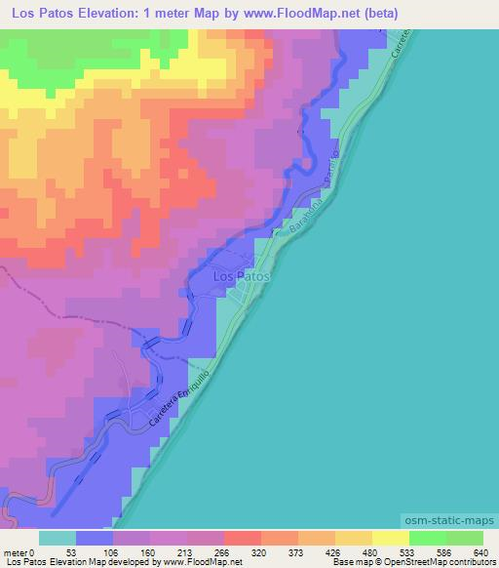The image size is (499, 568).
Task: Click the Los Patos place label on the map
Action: [x=240, y=277]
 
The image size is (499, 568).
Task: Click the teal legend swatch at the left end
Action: [x=58, y=538]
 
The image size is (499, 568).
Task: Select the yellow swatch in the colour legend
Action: [x=390, y=538]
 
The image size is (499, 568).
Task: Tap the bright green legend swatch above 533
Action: [x=427, y=538]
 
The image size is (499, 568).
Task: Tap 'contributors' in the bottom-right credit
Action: [x=468, y=562]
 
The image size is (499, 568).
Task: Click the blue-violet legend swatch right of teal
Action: [x=95, y=538]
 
